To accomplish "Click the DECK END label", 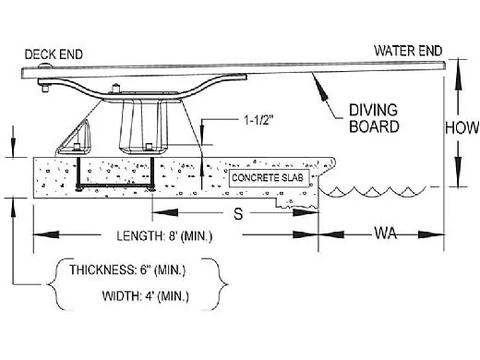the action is (x=54, y=54).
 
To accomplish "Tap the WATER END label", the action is (x=408, y=51).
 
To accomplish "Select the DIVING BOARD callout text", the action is (x=374, y=118).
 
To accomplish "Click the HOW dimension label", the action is (x=462, y=127).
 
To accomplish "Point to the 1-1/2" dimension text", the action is (x=258, y=120).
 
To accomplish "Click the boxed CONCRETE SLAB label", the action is (x=268, y=178).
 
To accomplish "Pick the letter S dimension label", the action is (x=238, y=213).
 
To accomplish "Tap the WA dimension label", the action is (x=385, y=233).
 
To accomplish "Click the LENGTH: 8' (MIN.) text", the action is (x=164, y=236).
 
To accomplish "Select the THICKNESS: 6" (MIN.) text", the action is (x=127, y=270).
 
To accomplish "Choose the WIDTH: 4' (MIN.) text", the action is (x=145, y=296).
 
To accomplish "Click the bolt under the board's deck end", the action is (x=45, y=88).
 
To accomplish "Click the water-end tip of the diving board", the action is (x=445, y=65).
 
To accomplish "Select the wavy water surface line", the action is (x=372, y=191).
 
